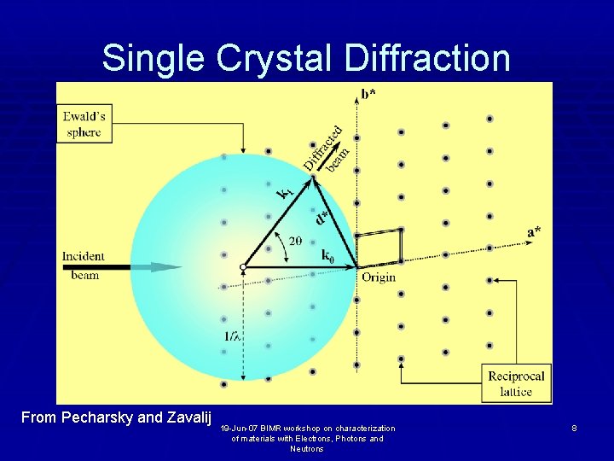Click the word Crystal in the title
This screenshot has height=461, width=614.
[275, 58]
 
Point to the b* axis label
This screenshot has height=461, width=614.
[368, 93]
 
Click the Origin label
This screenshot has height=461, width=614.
[379, 277]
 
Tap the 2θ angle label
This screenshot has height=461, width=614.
[294, 242]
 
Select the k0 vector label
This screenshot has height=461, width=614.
[328, 254]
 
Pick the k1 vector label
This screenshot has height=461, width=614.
[287, 194]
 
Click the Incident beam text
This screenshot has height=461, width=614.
[84, 266]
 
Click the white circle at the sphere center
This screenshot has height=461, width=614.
[243, 267]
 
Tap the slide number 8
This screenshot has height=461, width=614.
[575, 427]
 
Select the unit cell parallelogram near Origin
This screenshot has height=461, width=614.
[379, 248]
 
